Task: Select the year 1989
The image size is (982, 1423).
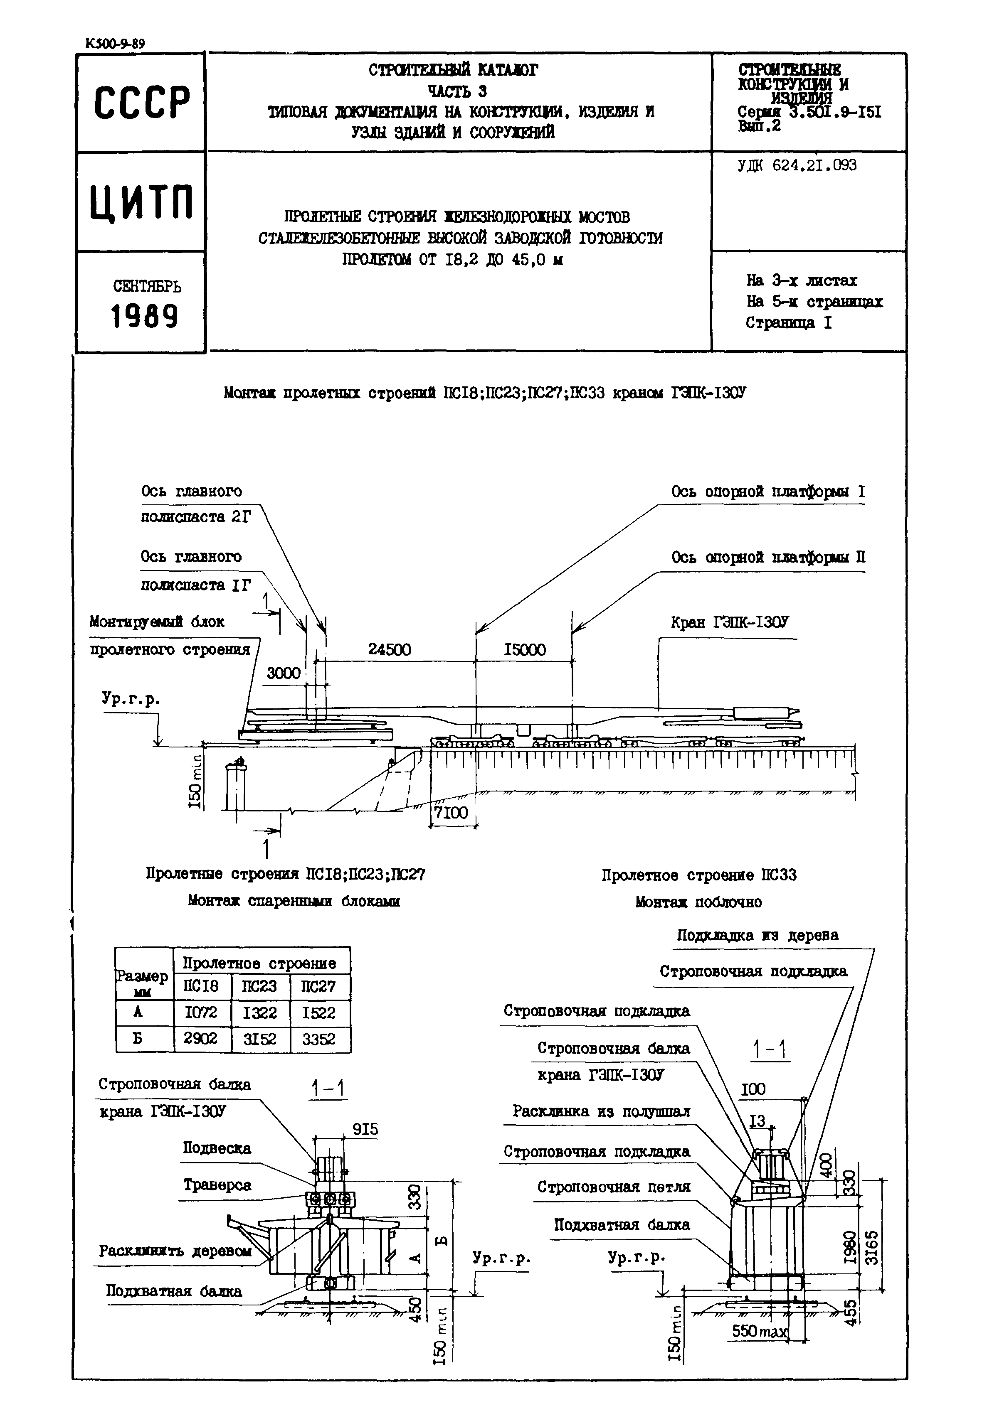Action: [144, 316]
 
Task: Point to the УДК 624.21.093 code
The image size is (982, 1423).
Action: [797, 165]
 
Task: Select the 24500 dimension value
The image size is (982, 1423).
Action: [390, 650]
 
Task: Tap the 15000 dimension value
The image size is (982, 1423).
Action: [524, 650]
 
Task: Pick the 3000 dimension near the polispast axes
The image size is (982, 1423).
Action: [283, 673]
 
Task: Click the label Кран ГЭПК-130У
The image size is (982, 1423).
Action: [729, 622]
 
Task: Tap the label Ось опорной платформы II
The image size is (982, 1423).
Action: [768, 557]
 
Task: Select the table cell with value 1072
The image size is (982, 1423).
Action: [200, 1012]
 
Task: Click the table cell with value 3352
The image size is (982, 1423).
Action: [319, 1039]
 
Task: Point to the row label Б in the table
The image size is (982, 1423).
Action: [138, 1039]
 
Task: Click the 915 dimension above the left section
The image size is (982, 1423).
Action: [365, 1129]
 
